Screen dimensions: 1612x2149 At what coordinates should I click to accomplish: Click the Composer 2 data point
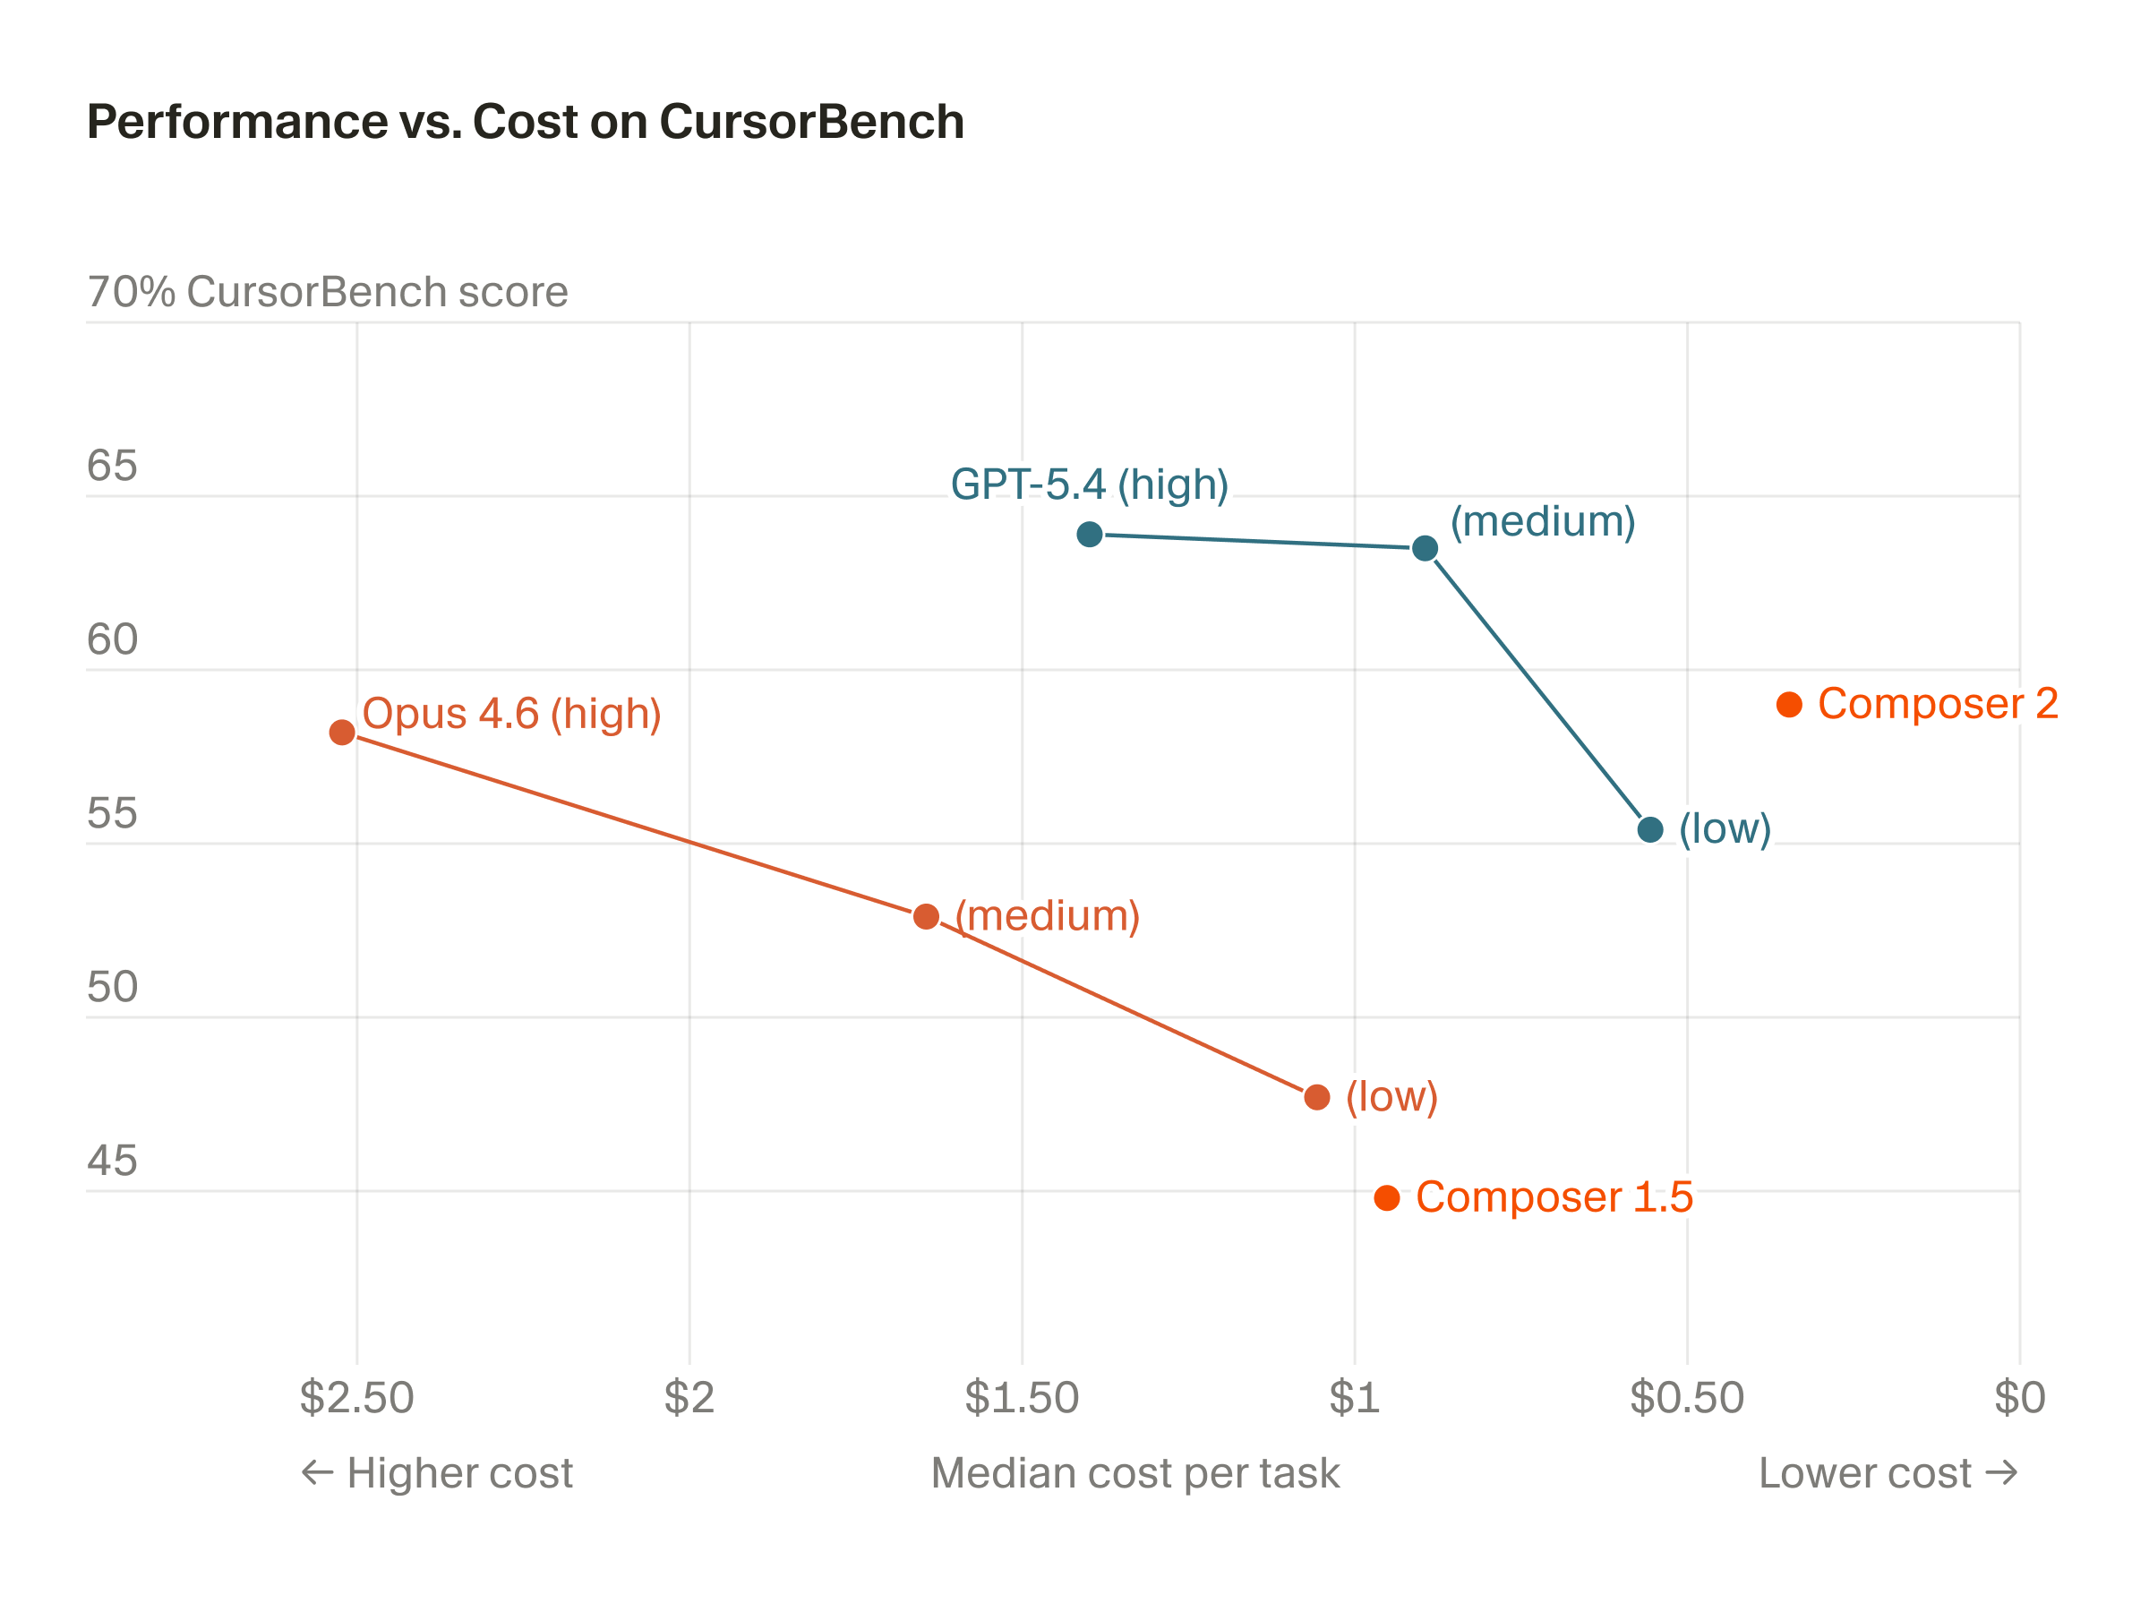[1790, 705]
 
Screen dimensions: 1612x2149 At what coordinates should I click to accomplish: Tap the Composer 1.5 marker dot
[1387, 1198]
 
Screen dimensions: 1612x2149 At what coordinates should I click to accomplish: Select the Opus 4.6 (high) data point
[342, 732]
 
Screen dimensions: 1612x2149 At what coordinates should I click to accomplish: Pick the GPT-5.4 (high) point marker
[1090, 535]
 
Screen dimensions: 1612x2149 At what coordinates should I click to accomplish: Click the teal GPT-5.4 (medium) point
[1426, 548]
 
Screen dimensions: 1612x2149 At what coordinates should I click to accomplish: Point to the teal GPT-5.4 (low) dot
[1650, 830]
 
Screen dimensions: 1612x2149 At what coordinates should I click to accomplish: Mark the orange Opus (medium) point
[927, 916]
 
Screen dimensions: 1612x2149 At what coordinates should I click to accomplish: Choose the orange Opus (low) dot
[1317, 1097]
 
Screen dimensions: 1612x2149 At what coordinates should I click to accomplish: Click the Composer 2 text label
[1939, 704]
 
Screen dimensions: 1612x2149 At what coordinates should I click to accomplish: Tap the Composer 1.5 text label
[1554, 1197]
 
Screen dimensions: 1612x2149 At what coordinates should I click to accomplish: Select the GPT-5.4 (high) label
[1089, 484]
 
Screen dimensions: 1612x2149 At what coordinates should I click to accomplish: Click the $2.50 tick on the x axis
[356, 1398]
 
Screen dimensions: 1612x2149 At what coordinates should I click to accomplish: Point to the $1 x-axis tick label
[1354, 1398]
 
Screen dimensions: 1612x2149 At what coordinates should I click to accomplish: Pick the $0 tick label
[2020, 1398]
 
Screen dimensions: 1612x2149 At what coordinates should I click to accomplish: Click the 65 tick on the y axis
[112, 467]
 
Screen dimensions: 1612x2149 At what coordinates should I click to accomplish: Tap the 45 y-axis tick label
[112, 1162]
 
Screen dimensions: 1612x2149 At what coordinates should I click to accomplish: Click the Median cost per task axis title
[1134, 1473]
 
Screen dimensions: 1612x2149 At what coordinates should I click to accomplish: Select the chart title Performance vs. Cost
[526, 123]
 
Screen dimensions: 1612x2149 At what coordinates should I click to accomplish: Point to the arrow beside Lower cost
[2002, 1473]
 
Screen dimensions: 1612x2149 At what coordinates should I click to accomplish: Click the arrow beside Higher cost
[318, 1473]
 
